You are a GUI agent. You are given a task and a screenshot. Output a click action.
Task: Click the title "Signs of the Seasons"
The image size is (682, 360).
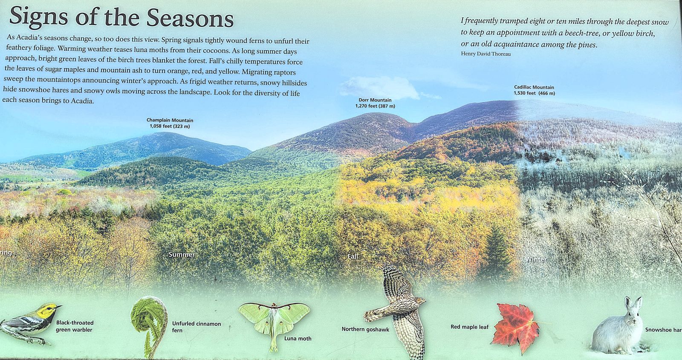[x=121, y=17]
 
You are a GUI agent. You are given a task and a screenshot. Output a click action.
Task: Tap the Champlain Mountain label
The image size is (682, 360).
[x=170, y=123]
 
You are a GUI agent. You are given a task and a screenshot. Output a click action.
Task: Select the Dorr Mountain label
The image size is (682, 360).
[x=375, y=103]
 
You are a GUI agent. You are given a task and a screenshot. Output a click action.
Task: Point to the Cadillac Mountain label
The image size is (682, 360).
[x=535, y=90]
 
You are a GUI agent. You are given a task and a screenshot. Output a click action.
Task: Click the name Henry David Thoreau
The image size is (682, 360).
[x=486, y=54]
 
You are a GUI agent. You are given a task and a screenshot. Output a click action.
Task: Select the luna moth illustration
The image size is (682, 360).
[x=274, y=323]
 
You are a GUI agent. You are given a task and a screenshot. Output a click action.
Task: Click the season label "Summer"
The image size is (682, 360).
[x=182, y=254]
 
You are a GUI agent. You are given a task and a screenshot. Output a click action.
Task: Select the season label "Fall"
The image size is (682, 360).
[x=353, y=256]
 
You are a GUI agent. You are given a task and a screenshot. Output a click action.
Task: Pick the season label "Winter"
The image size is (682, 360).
[x=535, y=259]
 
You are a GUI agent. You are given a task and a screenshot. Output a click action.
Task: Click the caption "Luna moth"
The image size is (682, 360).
[x=298, y=338]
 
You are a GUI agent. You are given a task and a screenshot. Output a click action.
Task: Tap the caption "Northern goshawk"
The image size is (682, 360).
[x=365, y=329]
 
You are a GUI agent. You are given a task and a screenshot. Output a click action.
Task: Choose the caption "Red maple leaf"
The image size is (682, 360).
[x=469, y=327]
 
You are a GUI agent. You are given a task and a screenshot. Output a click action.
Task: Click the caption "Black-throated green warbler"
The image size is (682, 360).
[x=75, y=326]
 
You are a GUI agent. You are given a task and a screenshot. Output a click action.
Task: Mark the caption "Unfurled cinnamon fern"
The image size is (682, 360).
[x=197, y=327]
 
